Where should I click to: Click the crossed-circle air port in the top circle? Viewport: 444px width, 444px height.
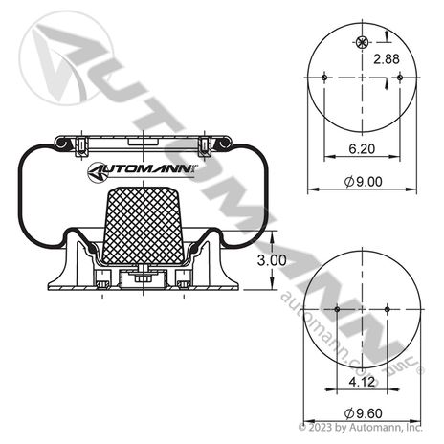click(x=361, y=41)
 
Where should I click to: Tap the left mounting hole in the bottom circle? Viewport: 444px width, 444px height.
click(x=339, y=309)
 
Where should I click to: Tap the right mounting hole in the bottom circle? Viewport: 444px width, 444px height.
click(x=385, y=309)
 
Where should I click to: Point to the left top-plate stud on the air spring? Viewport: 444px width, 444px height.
click(x=81, y=144)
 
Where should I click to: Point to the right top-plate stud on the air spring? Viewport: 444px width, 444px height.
click(x=204, y=144)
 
